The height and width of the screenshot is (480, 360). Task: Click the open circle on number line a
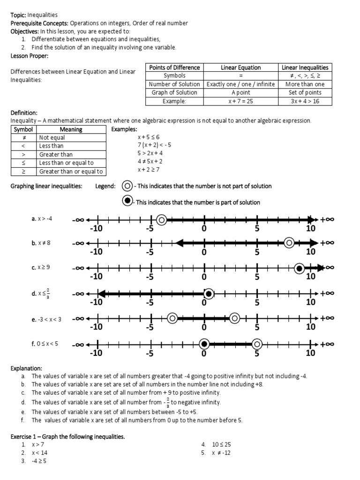click(x=161, y=219)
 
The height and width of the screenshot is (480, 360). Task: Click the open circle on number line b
click(x=289, y=242)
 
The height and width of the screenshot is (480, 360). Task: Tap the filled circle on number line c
click(x=299, y=268)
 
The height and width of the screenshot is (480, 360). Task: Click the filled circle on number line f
click(x=204, y=344)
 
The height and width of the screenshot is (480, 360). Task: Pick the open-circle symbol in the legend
click(x=127, y=186)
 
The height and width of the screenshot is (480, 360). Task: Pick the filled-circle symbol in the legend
click(x=127, y=202)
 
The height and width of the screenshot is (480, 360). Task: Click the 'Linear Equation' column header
click(x=241, y=67)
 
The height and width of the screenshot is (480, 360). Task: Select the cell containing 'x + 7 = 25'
click(x=241, y=101)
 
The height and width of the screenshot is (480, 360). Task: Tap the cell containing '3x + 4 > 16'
click(x=305, y=101)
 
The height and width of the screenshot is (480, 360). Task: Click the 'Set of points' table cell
click(x=305, y=92)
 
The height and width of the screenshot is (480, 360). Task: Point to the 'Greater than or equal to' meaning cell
click(x=71, y=172)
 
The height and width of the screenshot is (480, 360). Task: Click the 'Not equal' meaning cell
click(x=71, y=138)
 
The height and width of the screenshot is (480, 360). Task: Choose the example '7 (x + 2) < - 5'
click(x=154, y=145)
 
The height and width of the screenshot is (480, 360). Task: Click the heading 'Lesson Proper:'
click(x=29, y=56)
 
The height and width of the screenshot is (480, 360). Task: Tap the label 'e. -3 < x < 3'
click(x=46, y=319)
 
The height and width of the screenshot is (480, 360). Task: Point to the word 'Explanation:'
click(x=26, y=368)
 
